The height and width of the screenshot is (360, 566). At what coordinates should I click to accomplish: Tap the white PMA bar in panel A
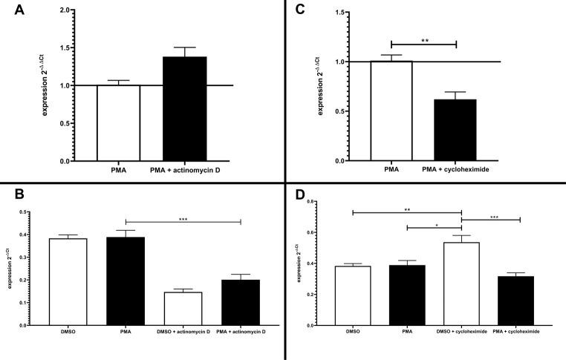pyautogui.click(x=118, y=122)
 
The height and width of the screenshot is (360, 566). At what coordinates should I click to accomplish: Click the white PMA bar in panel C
pyautogui.click(x=391, y=111)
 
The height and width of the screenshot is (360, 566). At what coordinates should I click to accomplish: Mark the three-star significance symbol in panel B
pyautogui.click(x=183, y=217)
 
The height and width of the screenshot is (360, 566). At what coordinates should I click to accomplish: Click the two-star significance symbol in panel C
pyautogui.click(x=423, y=39)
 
